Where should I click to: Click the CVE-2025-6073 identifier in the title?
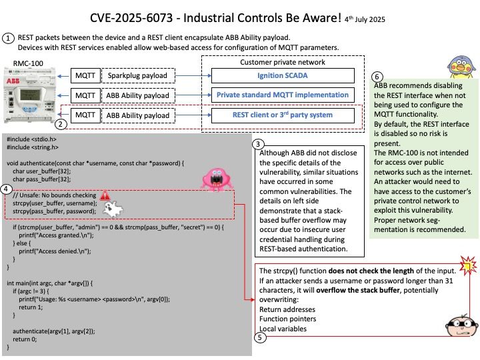(131, 18)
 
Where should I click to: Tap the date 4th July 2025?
(365, 19)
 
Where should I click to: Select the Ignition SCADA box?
(283, 75)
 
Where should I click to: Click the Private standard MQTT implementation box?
(283, 95)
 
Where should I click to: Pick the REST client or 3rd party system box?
(283, 115)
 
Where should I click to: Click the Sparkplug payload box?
(138, 75)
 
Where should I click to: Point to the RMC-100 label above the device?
(28, 63)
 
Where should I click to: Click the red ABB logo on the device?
(13, 81)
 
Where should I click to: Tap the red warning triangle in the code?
(105, 195)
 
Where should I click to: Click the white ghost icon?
(113, 209)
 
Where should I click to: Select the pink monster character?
(217, 179)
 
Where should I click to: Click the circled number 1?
(8, 38)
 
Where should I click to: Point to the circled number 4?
(7, 189)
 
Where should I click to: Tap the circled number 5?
(260, 337)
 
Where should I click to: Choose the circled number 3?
(258, 144)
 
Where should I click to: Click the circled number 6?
(377, 77)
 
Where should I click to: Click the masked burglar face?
(461, 326)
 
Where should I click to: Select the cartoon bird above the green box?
(461, 67)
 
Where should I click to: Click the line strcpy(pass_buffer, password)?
(54, 211)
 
